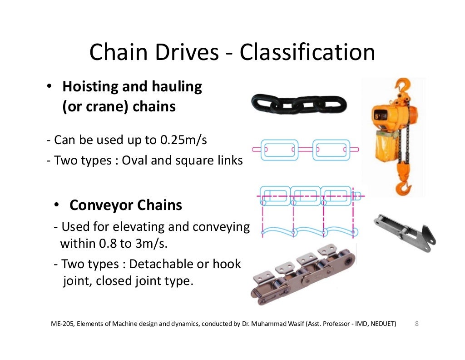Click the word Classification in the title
(x=307, y=52)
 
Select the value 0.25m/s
(x=183, y=140)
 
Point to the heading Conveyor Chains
(x=125, y=205)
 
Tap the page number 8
(x=417, y=324)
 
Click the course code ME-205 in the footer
(x=61, y=324)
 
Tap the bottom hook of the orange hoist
(x=404, y=186)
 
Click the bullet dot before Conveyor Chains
(x=58, y=205)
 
